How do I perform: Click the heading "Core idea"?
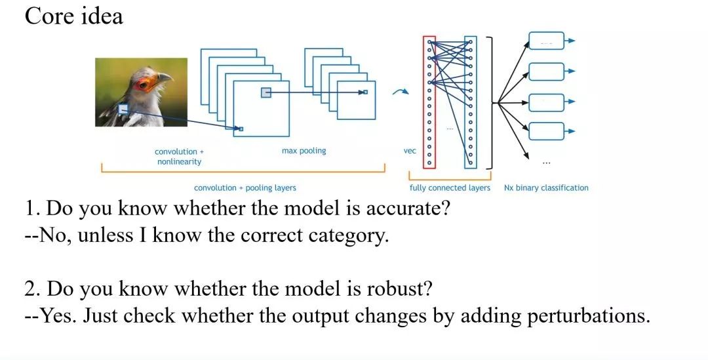[x=73, y=16]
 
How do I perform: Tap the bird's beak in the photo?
[x=165, y=78]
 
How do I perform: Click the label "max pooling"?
[x=304, y=151]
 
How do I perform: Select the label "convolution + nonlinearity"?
[x=179, y=156]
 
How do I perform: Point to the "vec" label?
[x=410, y=151]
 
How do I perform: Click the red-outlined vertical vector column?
[x=429, y=102]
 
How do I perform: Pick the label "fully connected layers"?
[x=450, y=188]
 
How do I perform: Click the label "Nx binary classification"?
[x=546, y=188]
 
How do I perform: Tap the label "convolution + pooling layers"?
[x=245, y=188]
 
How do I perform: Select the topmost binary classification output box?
[x=546, y=41]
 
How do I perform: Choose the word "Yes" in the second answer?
[x=56, y=316]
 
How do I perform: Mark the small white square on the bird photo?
[x=123, y=110]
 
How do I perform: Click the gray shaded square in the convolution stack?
[x=265, y=92]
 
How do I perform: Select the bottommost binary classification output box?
[x=546, y=131]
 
